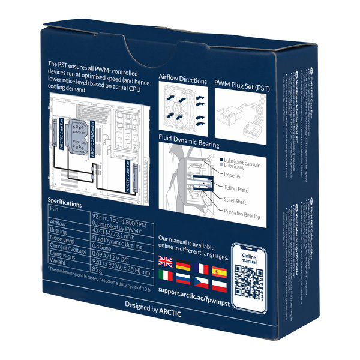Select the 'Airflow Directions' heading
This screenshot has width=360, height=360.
click(182, 80)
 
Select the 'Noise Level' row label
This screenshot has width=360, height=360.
click(64, 238)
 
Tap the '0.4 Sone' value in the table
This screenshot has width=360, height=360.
click(107, 247)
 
